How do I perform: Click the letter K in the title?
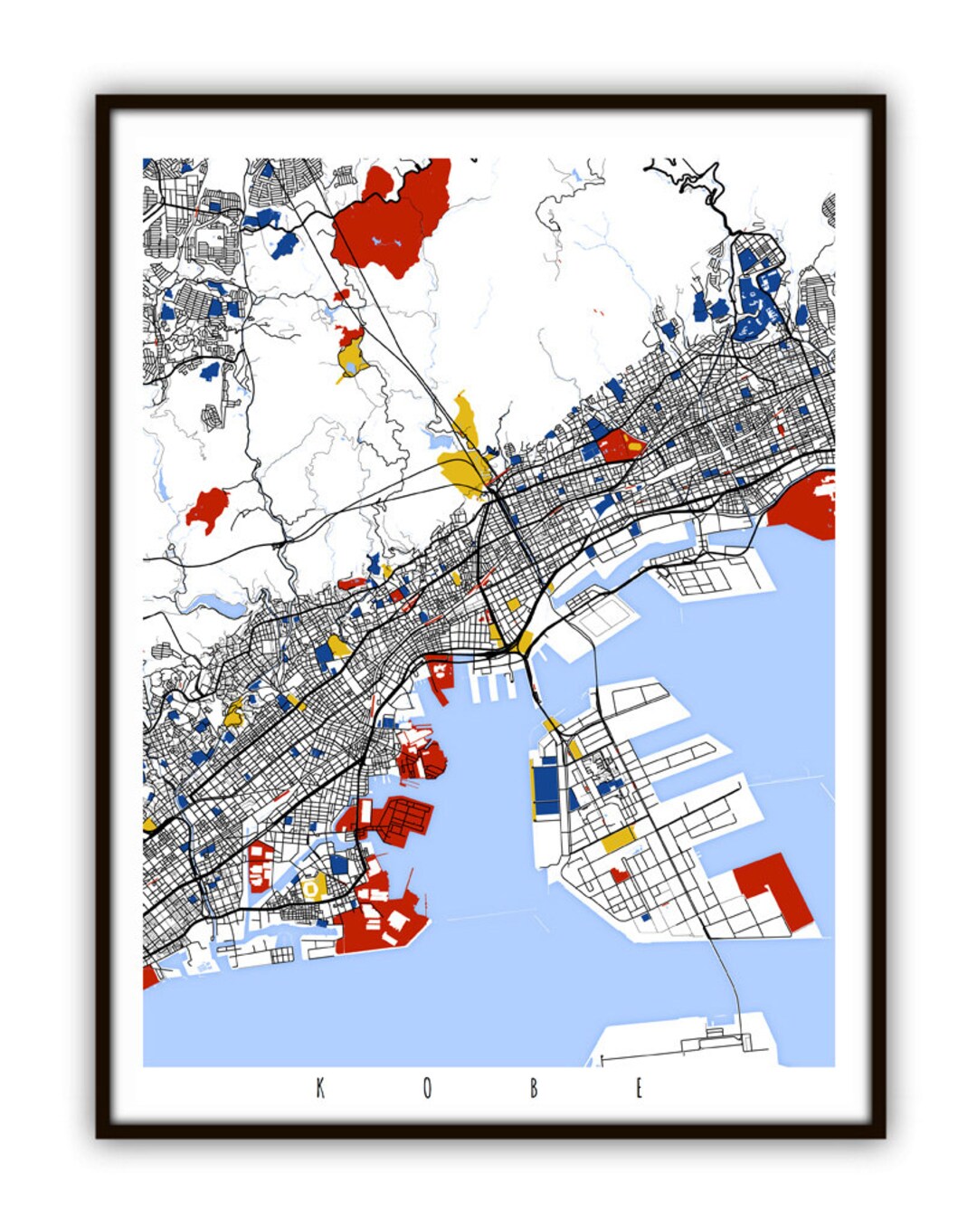click(320, 1088)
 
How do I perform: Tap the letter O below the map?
click(427, 1088)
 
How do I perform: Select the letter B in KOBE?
click(534, 1088)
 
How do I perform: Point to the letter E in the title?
click(639, 1088)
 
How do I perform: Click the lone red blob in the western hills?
click(208, 509)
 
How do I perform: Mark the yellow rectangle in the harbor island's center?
click(618, 841)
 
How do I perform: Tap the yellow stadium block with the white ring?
click(313, 887)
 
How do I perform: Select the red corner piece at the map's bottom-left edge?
click(149, 977)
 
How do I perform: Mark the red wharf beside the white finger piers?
click(441, 675)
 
